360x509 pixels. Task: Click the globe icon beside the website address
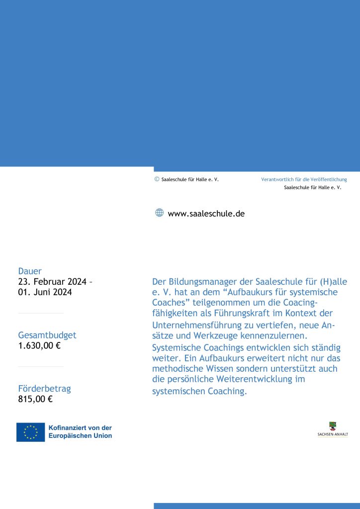pyautogui.click(x=159, y=213)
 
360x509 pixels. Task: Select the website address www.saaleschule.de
pyautogui.click(x=206, y=214)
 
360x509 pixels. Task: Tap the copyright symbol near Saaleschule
pyautogui.click(x=157, y=179)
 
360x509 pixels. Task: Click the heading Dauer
pyautogui.click(x=30, y=271)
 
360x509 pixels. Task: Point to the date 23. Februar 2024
pyautogui.click(x=52, y=282)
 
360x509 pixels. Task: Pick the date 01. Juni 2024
pyautogui.click(x=45, y=292)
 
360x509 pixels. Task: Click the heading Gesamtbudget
pyautogui.click(x=47, y=335)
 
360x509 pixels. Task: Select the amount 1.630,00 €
pyautogui.click(x=39, y=345)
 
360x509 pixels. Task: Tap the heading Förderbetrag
pyautogui.click(x=44, y=388)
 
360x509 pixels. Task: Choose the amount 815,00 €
pyautogui.click(x=35, y=399)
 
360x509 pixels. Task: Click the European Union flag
pyautogui.click(x=30, y=432)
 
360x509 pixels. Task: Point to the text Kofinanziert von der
pyautogui.click(x=80, y=427)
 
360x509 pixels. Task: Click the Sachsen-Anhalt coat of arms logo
pyautogui.click(x=333, y=426)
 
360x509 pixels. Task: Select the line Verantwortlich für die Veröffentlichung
pyautogui.click(x=304, y=179)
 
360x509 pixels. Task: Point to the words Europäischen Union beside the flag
pyautogui.click(x=80, y=436)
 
